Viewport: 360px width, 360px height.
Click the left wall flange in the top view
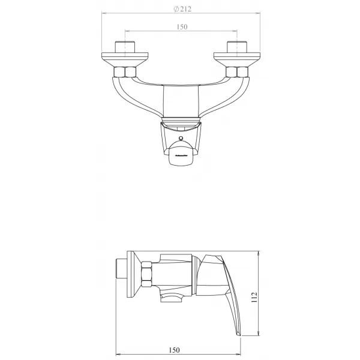point(124,59)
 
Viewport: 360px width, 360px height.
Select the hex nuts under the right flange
point(236,73)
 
